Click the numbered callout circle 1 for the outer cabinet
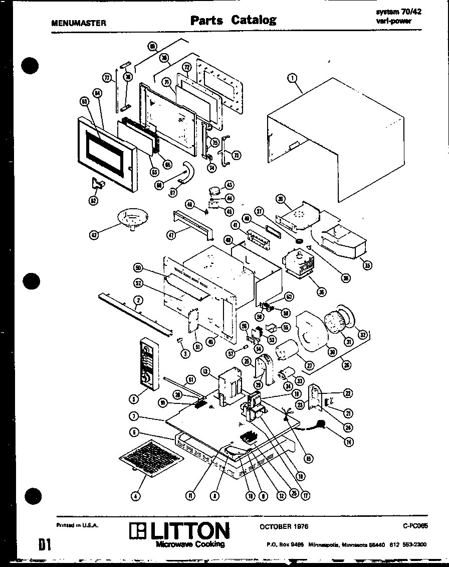coord(293,78)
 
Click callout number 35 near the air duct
coord(367,265)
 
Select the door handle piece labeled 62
coord(97,184)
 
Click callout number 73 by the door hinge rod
coord(236,155)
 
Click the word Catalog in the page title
coord(254,20)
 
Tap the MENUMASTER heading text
coord(79,23)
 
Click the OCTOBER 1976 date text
coord(284,526)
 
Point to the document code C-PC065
coord(415,526)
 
